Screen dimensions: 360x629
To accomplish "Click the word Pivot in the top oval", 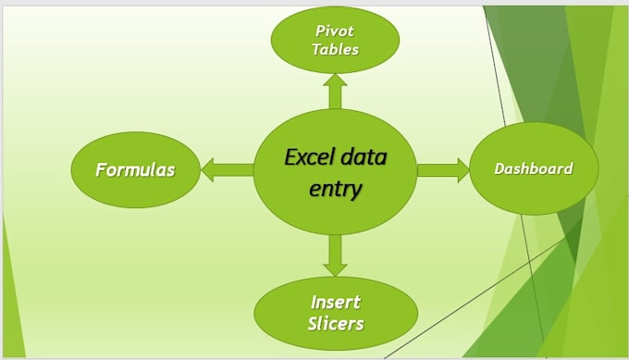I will pyautogui.click(x=335, y=31).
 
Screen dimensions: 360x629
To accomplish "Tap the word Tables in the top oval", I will pyautogui.click(x=335, y=50).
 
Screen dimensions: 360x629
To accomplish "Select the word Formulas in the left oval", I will pyautogui.click(x=136, y=169).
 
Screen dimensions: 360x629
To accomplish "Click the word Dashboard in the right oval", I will pyautogui.click(x=533, y=168).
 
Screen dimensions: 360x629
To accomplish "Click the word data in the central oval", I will pyautogui.click(x=364, y=156).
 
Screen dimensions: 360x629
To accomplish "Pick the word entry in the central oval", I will pyautogui.click(x=336, y=188).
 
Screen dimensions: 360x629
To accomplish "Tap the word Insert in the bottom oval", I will pyautogui.click(x=335, y=303).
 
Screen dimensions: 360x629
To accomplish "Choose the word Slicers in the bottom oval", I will pyautogui.click(x=335, y=323).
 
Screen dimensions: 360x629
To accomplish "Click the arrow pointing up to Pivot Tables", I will pyautogui.click(x=335, y=91).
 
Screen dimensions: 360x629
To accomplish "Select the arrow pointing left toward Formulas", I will pyautogui.click(x=225, y=169).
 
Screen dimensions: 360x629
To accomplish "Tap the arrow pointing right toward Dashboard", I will pyautogui.click(x=444, y=169).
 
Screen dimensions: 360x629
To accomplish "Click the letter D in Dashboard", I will pyautogui.click(x=499, y=168).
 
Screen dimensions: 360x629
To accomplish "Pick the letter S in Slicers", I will pyautogui.click(x=313, y=323).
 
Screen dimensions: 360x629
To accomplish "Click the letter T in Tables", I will pyautogui.click(x=316, y=50).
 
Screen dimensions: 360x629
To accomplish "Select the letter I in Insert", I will pyautogui.click(x=314, y=303).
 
